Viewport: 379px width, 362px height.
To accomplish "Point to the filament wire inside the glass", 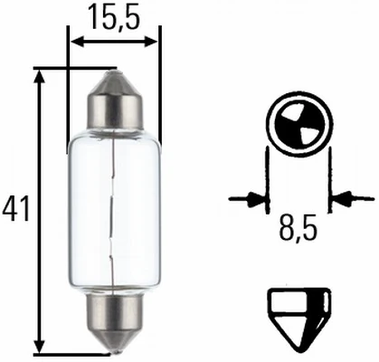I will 112,210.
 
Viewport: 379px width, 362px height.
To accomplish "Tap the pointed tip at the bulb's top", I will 115,74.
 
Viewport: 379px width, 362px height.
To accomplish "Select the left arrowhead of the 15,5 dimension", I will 76,43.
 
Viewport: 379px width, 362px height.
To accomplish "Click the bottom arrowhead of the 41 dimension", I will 40,345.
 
